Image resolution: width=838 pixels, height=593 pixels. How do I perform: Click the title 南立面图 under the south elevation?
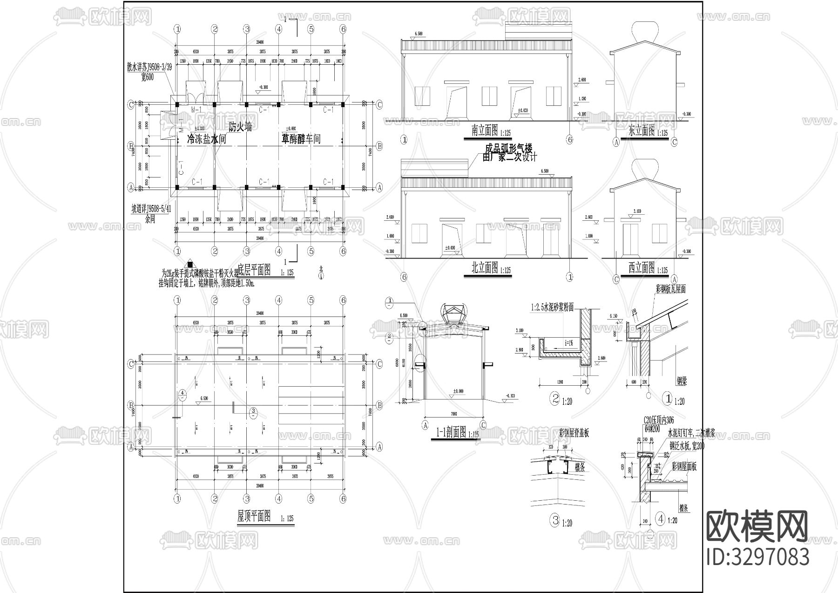coord(485,131)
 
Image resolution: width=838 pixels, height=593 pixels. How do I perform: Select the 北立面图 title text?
coord(485,268)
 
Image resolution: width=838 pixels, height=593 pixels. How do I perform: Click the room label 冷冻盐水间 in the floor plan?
coord(206,139)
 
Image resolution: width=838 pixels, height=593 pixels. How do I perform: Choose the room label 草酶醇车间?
coord(300,139)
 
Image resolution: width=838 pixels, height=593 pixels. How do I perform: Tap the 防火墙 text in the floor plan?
coord(240,127)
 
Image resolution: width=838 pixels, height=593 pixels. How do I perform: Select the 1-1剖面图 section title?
coord(451,432)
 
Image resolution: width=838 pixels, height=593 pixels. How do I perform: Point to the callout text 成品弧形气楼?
coord(508,149)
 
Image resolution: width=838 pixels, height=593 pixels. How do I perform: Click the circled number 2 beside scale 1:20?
coord(554,399)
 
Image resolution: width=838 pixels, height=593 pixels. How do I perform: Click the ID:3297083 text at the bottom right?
coord(758,557)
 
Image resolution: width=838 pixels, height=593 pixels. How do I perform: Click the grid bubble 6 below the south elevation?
coord(569,139)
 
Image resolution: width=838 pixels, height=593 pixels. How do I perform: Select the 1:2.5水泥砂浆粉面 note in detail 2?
coord(552,307)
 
